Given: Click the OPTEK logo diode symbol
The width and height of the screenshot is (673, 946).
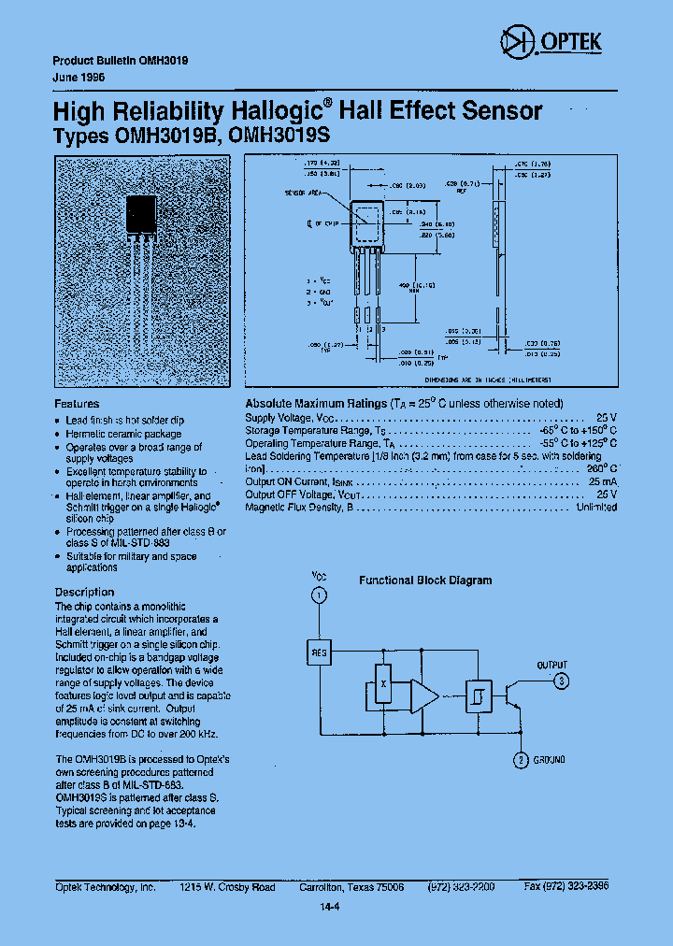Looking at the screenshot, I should pyautogui.click(x=516, y=40).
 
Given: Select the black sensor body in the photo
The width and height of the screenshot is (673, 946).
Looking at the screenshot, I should pyautogui.click(x=141, y=217).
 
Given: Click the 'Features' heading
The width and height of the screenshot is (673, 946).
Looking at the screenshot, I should pyautogui.click(x=77, y=404).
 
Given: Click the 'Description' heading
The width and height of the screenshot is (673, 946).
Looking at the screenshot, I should pyautogui.click(x=84, y=592).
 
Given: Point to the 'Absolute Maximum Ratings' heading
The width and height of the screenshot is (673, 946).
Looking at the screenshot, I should pyautogui.click(x=315, y=403).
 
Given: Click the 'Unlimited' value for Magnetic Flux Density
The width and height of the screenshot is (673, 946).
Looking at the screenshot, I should pyautogui.click(x=596, y=507).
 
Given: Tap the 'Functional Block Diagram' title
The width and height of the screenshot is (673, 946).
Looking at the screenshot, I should pyautogui.click(x=425, y=580).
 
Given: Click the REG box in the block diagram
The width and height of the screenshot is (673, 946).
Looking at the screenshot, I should pyautogui.click(x=319, y=652).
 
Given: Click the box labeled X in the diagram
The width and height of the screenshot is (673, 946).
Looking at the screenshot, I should pyautogui.click(x=382, y=683).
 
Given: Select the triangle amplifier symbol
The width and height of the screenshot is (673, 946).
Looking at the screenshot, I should pyautogui.click(x=424, y=695).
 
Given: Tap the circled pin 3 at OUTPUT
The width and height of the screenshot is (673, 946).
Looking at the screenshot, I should pyautogui.click(x=560, y=681).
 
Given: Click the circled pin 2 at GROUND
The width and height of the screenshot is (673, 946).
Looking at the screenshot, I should pyautogui.click(x=521, y=760).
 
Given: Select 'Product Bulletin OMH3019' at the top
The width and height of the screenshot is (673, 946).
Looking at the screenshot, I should pyautogui.click(x=120, y=59).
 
